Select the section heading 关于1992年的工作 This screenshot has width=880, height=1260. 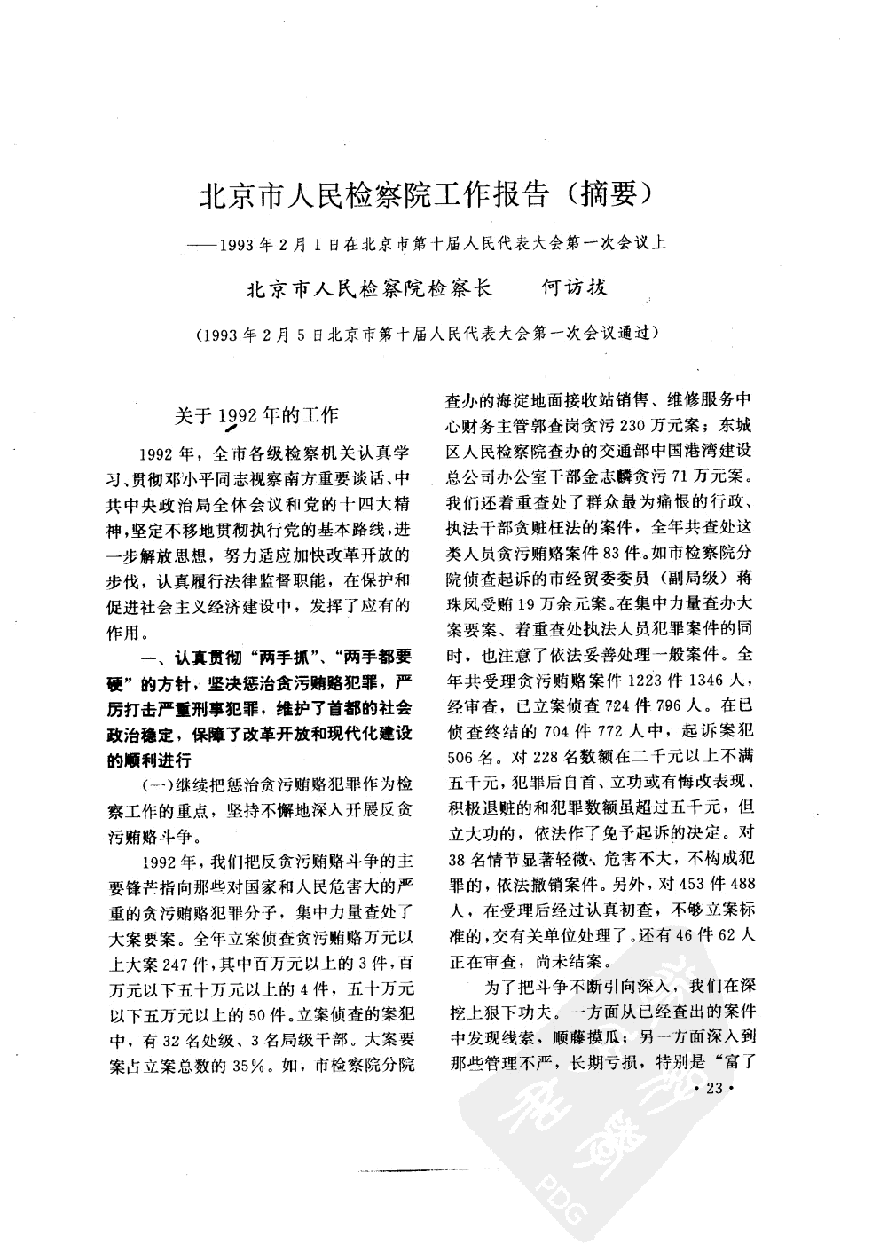[x=256, y=415]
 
